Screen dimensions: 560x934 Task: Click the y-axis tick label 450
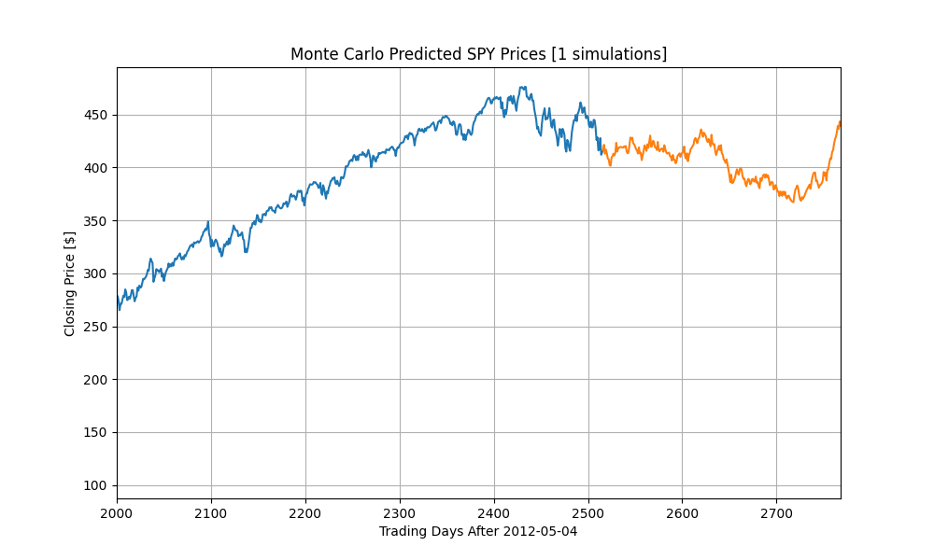(x=97, y=115)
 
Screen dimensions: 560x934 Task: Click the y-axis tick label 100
(x=97, y=485)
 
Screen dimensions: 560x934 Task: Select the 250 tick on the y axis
(x=97, y=327)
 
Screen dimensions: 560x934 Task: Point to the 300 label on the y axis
(x=97, y=273)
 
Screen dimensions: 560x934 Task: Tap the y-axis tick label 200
(x=97, y=380)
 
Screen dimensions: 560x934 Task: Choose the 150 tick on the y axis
(x=97, y=432)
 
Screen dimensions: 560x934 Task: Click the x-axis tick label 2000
(x=117, y=512)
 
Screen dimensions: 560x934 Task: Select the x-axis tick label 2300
(x=400, y=512)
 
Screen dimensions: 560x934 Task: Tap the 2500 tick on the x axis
(x=588, y=512)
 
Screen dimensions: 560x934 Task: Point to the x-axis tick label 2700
(x=776, y=512)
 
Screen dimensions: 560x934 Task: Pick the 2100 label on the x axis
(x=211, y=512)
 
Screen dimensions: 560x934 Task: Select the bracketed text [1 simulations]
(x=609, y=54)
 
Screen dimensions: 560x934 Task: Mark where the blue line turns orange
(x=601, y=149)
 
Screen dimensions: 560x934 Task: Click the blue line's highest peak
(x=522, y=87)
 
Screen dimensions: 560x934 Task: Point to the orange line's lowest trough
(x=792, y=202)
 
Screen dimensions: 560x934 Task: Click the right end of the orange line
(x=840, y=122)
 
